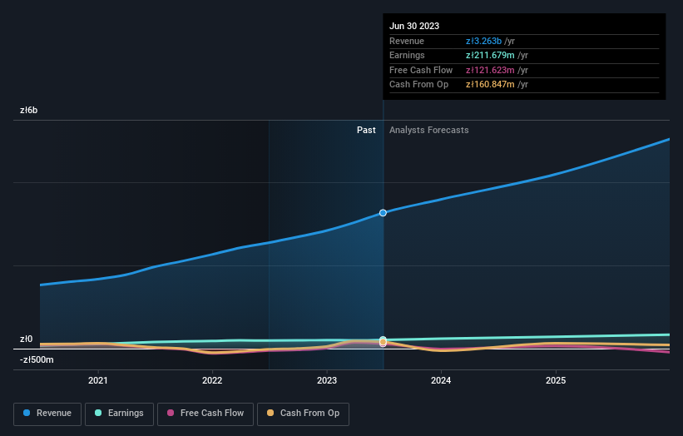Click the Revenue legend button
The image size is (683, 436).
pos(48,413)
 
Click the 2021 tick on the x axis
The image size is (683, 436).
pos(98,381)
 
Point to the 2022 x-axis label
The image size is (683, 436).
pos(212,381)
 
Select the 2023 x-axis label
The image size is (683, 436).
pos(327,381)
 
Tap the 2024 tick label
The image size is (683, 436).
pos(441,381)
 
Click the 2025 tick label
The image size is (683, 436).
pos(556,381)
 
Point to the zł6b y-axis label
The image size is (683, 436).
pos(29,110)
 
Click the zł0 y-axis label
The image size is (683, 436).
pos(26,339)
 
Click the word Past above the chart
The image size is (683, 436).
pos(366,130)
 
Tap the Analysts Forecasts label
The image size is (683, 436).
pos(428,130)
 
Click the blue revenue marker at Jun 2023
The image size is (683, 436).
pos(383,213)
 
